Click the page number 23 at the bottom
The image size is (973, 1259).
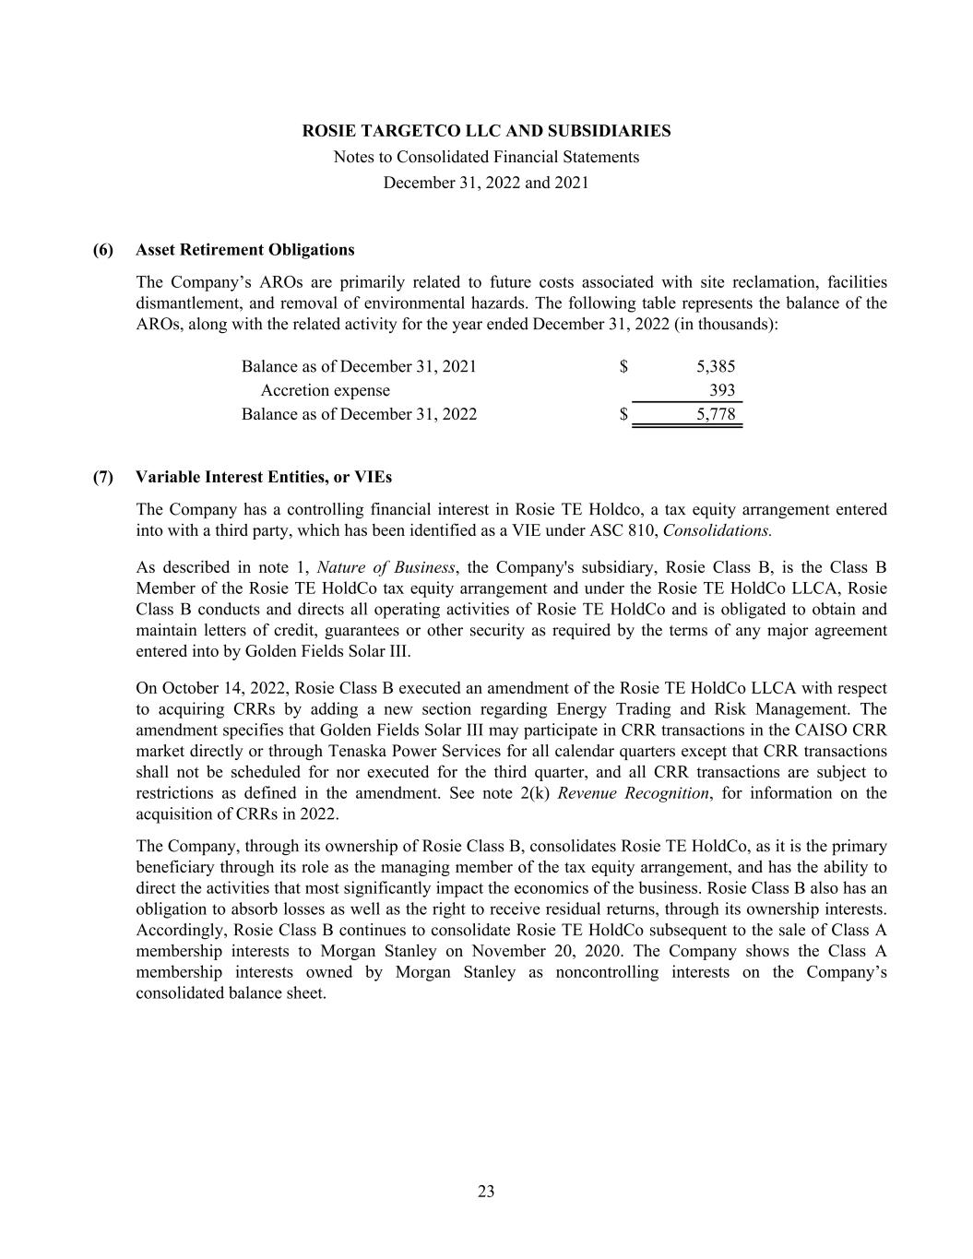(x=486, y=1192)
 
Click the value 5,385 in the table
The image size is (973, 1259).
(x=716, y=366)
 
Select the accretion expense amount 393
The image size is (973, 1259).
(x=722, y=390)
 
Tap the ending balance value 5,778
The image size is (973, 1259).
(x=716, y=414)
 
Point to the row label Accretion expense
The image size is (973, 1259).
(x=325, y=390)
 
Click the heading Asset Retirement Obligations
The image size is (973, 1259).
(x=244, y=250)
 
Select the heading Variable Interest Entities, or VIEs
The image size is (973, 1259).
(x=263, y=477)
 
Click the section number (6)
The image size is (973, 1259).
(x=102, y=250)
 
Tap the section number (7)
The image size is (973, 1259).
(x=102, y=477)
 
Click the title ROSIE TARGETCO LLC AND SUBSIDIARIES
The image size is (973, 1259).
(x=486, y=131)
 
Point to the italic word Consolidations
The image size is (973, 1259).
(x=717, y=530)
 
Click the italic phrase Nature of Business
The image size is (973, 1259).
(x=386, y=567)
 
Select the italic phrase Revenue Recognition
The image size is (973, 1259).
(x=633, y=793)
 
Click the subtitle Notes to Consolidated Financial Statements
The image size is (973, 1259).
(x=486, y=157)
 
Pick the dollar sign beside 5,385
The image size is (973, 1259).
(x=624, y=366)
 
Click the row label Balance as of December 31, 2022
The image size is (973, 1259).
(x=359, y=414)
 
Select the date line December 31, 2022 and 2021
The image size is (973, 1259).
(x=486, y=183)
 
